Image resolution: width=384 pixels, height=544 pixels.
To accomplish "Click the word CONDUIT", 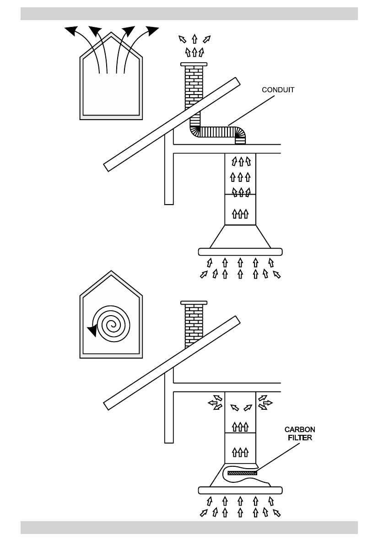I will pos(278,90).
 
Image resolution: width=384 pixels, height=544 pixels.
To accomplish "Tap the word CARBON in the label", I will pos(300,430).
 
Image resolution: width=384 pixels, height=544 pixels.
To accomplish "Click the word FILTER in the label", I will pos(300,437).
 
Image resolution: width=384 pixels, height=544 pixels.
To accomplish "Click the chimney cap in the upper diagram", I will pos(194,64).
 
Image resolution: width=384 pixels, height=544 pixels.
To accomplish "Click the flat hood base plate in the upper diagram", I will pos(240,252).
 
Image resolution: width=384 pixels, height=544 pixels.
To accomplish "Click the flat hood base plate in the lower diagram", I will pos(240,491).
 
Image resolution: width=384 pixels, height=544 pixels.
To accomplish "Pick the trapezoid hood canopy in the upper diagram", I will pos(240,237).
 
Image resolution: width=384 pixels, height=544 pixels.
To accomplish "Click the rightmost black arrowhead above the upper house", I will pos(152,31).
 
